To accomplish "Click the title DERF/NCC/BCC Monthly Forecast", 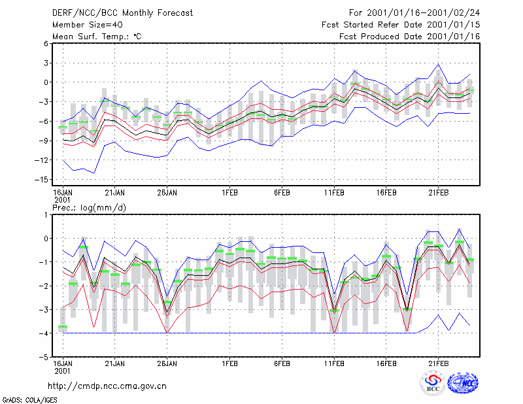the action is pyautogui.click(x=122, y=13).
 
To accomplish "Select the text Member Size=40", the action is pyautogui.click(x=88, y=25).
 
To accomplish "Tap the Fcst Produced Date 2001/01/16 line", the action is pyautogui.click(x=410, y=37).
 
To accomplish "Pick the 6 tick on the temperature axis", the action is pyautogui.click(x=46, y=43).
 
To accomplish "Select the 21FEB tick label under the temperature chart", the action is pyautogui.click(x=438, y=193).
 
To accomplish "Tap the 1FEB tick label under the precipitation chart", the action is pyautogui.click(x=230, y=363).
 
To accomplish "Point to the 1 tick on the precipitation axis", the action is pyautogui.click(x=46, y=215).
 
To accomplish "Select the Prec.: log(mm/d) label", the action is pyautogui.click(x=89, y=208).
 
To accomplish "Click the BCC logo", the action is pyautogui.click(x=433, y=384).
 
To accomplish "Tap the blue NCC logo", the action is pyautogui.click(x=464, y=383).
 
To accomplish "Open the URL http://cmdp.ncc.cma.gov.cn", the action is pyautogui.click(x=107, y=386).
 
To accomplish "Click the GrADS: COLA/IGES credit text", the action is pyautogui.click(x=29, y=400).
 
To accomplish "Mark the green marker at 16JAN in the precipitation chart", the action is pyautogui.click(x=63, y=326).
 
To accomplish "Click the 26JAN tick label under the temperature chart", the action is pyautogui.click(x=167, y=193).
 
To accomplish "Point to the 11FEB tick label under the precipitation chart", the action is pyautogui.click(x=334, y=363).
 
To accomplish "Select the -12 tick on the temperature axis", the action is pyautogui.click(x=42, y=160).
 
